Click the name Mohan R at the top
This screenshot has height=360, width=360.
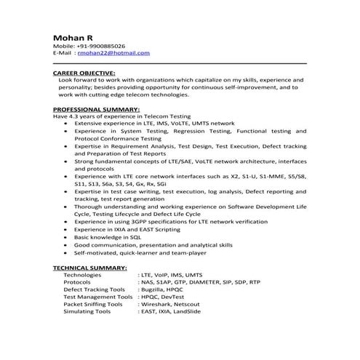71,36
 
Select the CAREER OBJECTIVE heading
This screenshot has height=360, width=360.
84,73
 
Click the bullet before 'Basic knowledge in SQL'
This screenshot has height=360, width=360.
67,237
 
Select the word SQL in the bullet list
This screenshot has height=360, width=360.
134,237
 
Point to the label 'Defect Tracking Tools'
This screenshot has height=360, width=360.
92,289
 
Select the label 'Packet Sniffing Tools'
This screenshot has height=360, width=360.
93,304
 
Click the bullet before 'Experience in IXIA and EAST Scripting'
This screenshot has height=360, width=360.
67,229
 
